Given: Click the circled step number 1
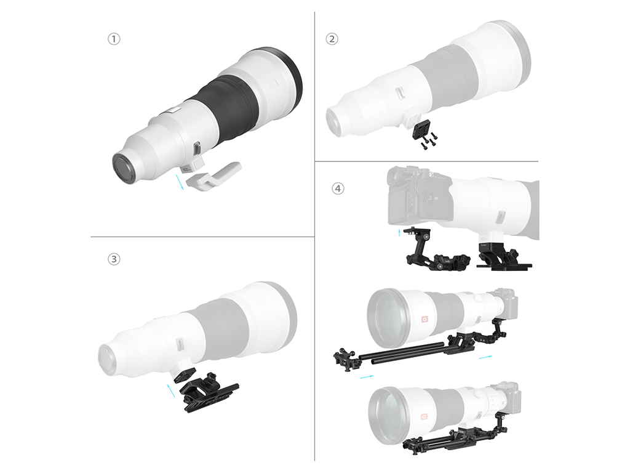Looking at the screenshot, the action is tap(114, 39).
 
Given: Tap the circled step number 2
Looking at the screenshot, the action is tap(332, 39).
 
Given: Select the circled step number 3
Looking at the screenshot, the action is tap(114, 259).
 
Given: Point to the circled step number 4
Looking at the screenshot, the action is tap(338, 188).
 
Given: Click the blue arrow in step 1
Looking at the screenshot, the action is tap(180, 182).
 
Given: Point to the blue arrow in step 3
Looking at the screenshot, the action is tap(171, 390).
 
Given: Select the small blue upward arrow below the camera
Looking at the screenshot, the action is tap(399, 233).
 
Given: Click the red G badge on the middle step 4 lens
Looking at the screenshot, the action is tap(425, 320).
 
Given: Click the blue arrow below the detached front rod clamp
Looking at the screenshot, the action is tap(367, 376).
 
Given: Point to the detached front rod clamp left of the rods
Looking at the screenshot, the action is tap(346, 359).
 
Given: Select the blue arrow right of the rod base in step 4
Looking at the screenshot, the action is tap(485, 357).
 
